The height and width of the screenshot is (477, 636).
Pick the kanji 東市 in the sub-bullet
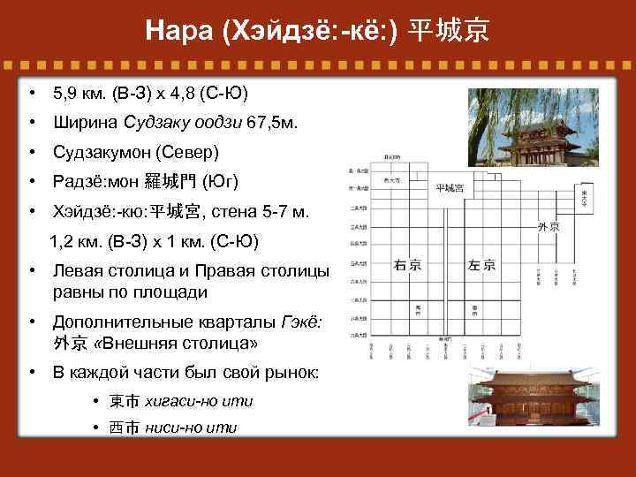coord(125,401)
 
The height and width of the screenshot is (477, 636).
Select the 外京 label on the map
coord(548,227)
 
